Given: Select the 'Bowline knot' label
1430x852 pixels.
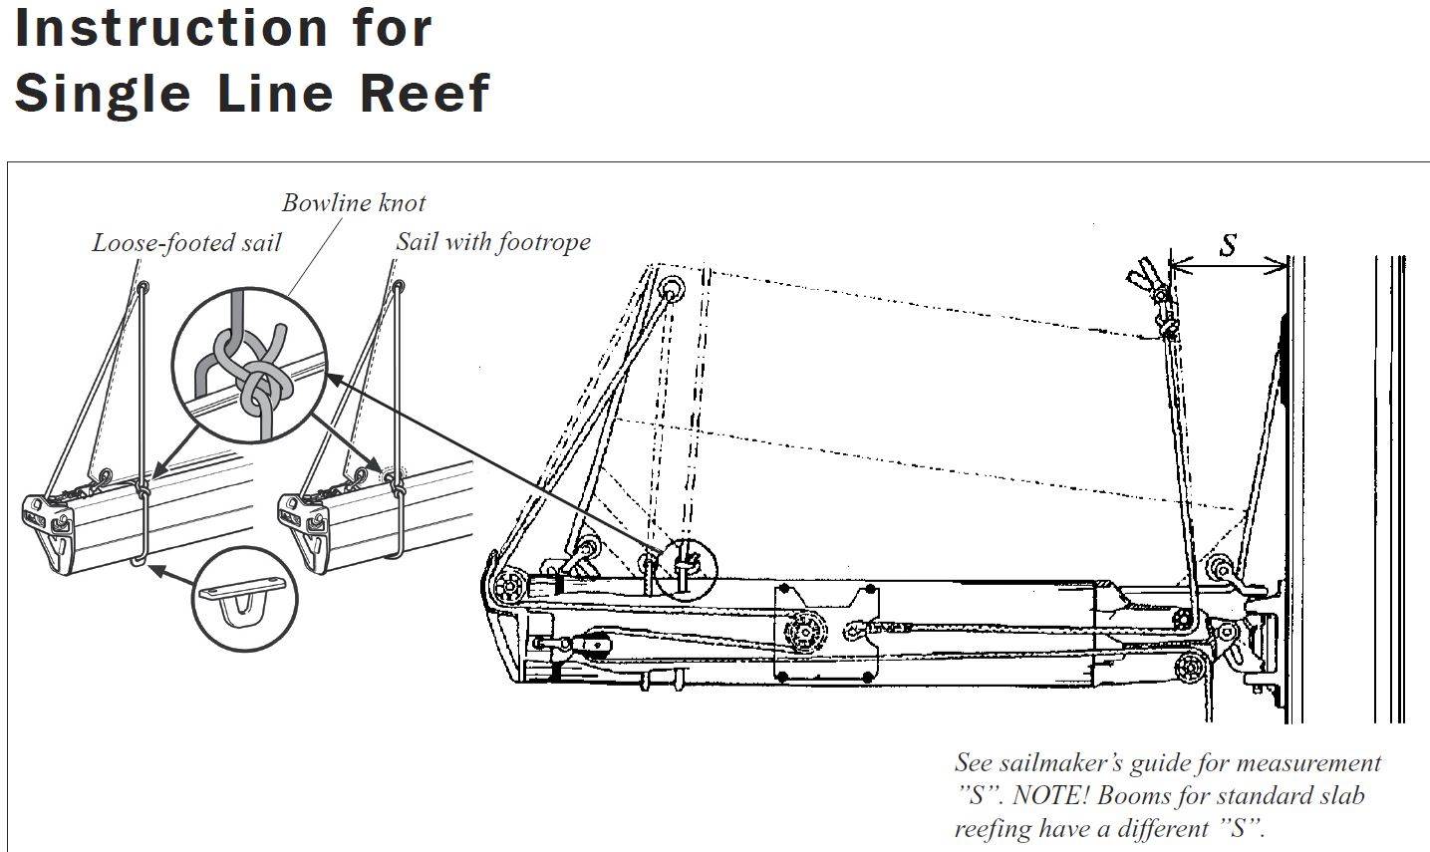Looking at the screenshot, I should [x=354, y=203].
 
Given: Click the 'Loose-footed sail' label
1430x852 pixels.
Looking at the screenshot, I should [x=186, y=242].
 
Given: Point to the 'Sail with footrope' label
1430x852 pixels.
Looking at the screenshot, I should [x=492, y=241].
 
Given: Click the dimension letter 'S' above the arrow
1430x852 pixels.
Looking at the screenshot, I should [x=1229, y=245].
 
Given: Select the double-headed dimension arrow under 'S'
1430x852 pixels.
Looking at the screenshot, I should [x=1228, y=265].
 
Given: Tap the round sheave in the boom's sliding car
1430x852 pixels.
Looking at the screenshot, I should [x=804, y=631].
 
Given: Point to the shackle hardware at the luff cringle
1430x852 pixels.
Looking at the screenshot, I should [x=1161, y=298].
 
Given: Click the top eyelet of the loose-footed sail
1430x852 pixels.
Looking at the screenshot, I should [x=144, y=289].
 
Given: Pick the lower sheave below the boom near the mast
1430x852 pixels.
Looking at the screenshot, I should [x=1190, y=667].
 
